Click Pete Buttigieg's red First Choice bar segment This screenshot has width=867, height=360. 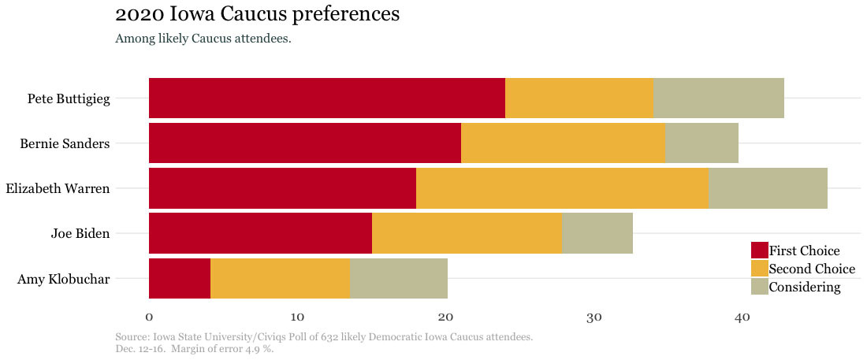(326, 98)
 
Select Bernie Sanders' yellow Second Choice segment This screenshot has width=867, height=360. (563, 143)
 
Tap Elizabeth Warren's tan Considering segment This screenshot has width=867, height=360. (768, 187)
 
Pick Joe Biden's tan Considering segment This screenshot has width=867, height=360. (597, 232)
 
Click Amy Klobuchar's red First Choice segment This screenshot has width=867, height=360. (180, 278)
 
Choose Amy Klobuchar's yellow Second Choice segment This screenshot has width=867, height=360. (280, 278)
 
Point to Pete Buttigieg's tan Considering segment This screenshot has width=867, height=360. (719, 98)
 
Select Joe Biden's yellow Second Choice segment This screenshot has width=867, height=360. (467, 232)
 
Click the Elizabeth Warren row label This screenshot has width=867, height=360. (58, 188)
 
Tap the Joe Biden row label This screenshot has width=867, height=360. (80, 233)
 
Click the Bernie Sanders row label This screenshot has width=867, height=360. (65, 143)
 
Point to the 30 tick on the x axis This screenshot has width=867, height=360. (594, 317)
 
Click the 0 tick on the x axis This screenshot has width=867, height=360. (149, 317)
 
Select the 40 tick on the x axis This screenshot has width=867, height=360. (742, 317)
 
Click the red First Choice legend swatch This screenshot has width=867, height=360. (759, 251)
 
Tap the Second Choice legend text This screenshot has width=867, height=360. (812, 269)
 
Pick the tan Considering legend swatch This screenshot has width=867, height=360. (759, 287)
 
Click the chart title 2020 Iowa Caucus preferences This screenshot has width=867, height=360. (257, 14)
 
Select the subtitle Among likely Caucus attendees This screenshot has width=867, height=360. (203, 38)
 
